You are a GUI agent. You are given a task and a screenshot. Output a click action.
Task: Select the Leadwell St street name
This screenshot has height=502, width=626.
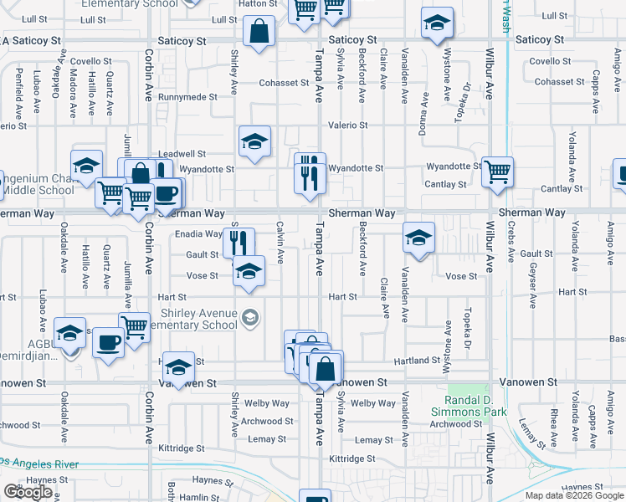tap(182, 154)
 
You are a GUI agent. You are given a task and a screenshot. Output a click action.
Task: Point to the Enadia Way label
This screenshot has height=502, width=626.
tap(198, 234)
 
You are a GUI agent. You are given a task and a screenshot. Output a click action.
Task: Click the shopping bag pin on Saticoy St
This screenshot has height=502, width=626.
tap(259, 33)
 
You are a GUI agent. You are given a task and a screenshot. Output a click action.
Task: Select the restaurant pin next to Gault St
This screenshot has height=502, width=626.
tap(239, 243)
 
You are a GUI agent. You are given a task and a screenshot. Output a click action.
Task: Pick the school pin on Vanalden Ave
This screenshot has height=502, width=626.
tap(418, 238)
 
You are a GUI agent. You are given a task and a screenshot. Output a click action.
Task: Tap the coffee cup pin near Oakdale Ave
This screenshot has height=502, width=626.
tap(107, 343)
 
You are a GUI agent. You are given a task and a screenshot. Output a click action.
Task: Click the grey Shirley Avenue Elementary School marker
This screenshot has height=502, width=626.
tap(249, 317)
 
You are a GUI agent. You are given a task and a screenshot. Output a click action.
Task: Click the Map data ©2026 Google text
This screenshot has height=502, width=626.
tap(573, 495)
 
